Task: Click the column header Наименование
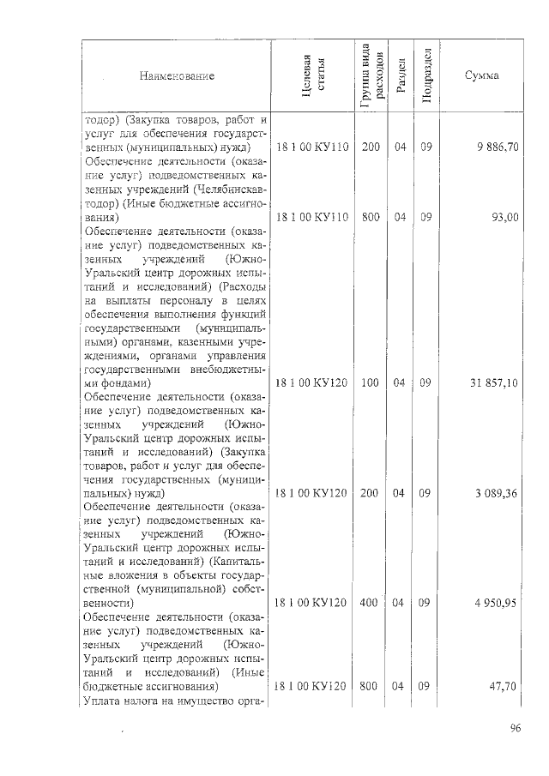tap(177, 76)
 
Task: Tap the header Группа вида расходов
tap(371, 76)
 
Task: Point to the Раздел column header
tap(399, 76)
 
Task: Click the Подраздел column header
tap(426, 76)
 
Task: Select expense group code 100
tap(371, 382)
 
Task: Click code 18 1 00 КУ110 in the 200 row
tap(311, 147)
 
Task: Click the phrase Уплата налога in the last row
tap(122, 701)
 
